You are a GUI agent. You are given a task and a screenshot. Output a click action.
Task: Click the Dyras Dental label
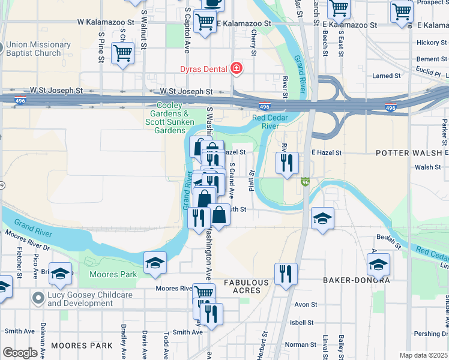[x=205, y=68]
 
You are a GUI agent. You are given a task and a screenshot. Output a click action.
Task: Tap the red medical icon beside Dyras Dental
[x=237, y=68]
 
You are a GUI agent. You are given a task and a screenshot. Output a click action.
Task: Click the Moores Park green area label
[x=113, y=274]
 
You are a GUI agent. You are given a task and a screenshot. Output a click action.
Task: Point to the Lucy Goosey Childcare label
[x=80, y=299]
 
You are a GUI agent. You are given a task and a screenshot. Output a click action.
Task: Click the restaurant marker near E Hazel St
[x=287, y=162]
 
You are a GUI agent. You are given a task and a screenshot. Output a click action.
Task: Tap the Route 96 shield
[x=305, y=181]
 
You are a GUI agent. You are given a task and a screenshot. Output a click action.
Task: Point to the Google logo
[x=19, y=353]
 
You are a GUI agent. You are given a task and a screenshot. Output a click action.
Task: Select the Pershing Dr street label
[x=434, y=334]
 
